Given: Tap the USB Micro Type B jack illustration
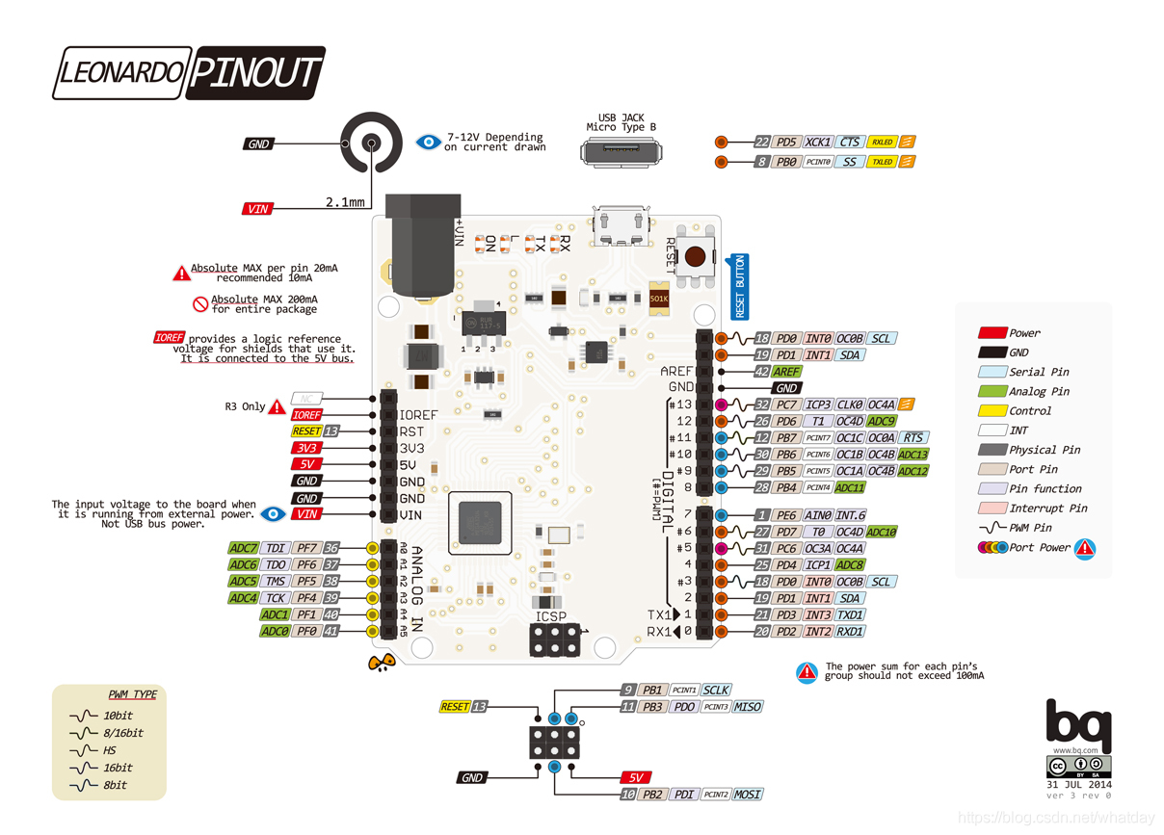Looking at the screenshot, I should [622, 151].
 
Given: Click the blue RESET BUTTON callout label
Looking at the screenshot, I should [740, 287].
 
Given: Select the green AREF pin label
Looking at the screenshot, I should [787, 372].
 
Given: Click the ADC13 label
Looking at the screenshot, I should [913, 455].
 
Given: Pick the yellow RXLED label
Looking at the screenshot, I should [882, 143].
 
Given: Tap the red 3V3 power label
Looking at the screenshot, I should [305, 448].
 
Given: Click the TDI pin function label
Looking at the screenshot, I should [275, 548].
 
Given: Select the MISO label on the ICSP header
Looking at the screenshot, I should [747, 707].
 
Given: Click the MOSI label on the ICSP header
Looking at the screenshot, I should [747, 795].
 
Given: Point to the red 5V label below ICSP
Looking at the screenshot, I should [636, 777].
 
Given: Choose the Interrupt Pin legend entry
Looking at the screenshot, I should [1047, 509].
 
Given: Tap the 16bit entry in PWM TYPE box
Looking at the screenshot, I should [118, 768].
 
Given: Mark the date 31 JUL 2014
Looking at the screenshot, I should [1078, 784].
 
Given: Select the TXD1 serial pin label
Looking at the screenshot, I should [850, 614].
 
